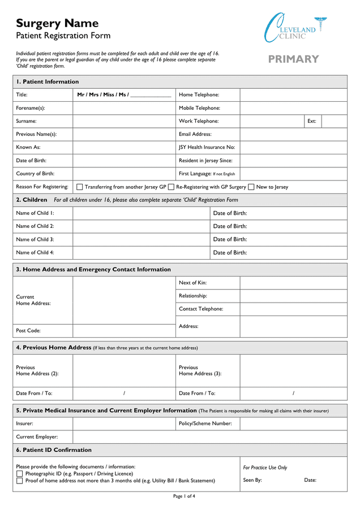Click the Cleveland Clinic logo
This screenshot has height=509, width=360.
295,28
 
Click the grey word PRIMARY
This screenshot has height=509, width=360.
293,59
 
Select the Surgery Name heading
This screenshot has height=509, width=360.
57,23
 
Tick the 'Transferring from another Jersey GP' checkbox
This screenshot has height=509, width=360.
79,187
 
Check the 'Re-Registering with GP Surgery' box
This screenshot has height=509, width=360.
171,187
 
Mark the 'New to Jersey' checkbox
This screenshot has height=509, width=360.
251,187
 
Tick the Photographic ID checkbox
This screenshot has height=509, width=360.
20,474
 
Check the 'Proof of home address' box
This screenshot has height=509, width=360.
20,481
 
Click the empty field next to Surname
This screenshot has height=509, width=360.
124,121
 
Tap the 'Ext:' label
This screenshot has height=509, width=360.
311,121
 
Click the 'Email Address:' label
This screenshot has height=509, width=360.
195,135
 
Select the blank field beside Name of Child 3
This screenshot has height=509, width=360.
141,240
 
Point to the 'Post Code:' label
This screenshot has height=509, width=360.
28,331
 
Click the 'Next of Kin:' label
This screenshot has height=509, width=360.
192,283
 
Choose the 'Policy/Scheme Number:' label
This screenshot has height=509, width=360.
205,424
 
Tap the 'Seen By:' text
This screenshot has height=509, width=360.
252,480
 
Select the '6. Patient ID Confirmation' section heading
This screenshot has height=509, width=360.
54,450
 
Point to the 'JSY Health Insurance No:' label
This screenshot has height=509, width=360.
207,148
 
